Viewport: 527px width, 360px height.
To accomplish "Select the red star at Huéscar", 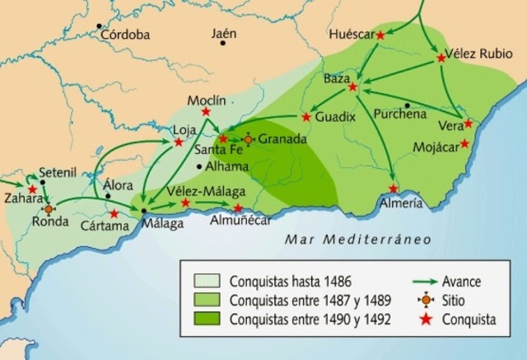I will pyautogui.click(x=380, y=35).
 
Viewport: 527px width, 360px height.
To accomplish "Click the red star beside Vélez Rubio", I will pyautogui.click(x=440, y=58).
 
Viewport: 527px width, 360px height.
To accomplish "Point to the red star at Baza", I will pyautogui.click(x=353, y=86).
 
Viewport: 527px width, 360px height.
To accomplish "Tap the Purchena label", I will pyautogui.click(x=399, y=114).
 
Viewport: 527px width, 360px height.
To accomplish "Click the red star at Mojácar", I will pyautogui.click(x=464, y=143).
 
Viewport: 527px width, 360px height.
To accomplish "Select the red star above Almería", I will pyautogui.click(x=394, y=189).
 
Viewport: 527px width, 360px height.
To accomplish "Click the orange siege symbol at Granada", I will pyautogui.click(x=249, y=139).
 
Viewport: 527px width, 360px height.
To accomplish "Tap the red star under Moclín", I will pyautogui.click(x=206, y=111).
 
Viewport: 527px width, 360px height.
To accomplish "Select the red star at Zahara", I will pyautogui.click(x=32, y=189).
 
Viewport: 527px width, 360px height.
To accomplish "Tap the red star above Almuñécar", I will pyautogui.click(x=238, y=208).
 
